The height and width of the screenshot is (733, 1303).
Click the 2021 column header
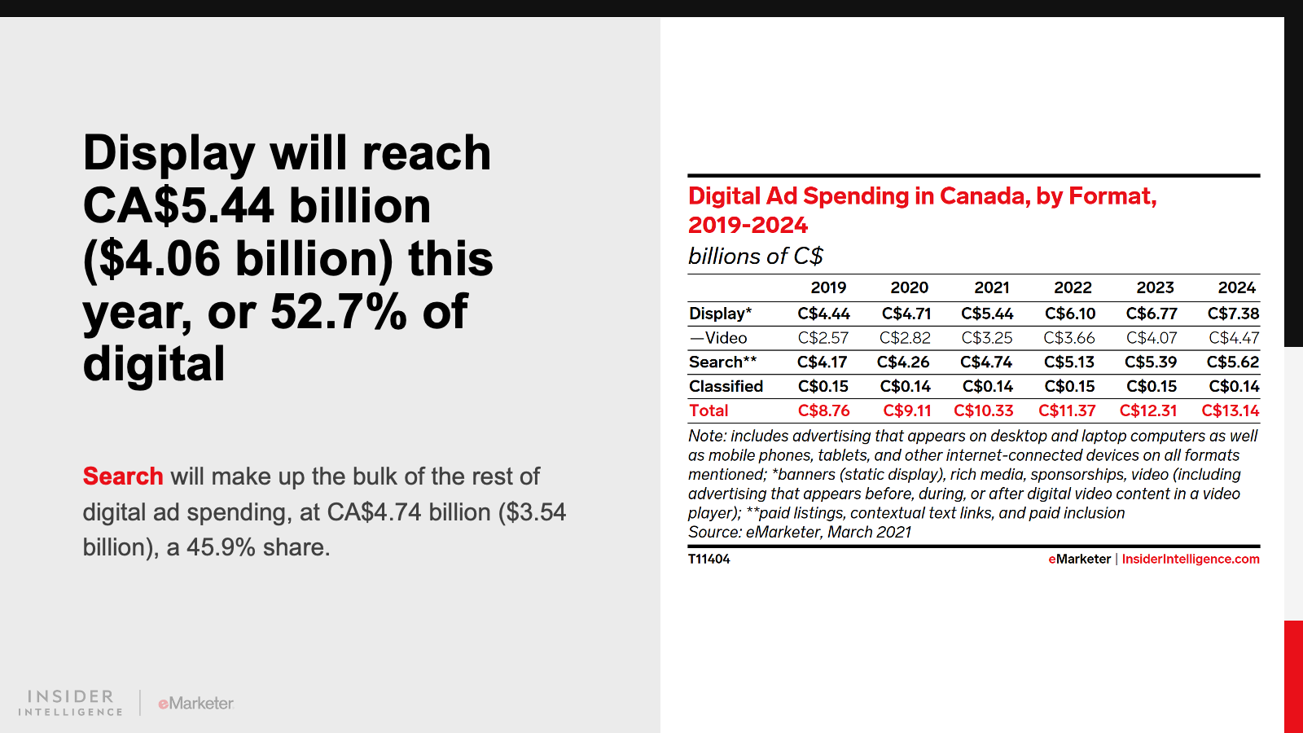991,287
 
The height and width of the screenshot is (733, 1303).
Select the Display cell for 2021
987,314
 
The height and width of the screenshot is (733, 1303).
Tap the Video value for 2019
823,338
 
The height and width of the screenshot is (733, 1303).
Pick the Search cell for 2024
1232,362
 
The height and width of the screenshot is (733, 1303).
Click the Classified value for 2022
1070,387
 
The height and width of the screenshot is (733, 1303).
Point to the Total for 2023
1148,411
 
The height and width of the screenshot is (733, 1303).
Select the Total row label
709,411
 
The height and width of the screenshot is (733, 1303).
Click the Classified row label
726,387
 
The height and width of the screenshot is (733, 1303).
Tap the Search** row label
722,362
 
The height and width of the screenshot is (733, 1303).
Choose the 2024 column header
1236,287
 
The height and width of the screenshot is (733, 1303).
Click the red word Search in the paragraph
123,476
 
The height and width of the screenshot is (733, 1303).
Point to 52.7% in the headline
338,311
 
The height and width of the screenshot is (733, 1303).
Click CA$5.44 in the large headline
178,205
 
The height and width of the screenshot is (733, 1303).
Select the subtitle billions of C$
755,257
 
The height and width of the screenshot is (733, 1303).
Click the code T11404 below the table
709,560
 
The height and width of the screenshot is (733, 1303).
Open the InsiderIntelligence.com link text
1190,560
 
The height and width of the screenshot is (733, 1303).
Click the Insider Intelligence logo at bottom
71,703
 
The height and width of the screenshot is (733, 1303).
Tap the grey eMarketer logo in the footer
195,703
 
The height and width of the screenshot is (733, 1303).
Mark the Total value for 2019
823,411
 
